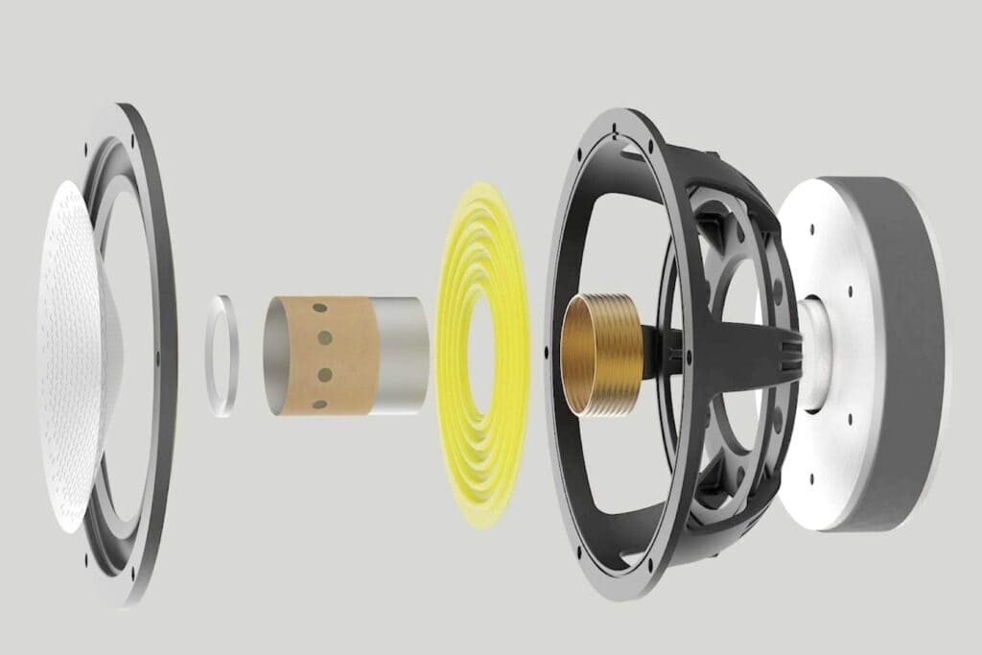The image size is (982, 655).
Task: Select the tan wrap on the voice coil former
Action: click(x=326, y=355)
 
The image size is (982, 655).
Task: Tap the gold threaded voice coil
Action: click(x=598, y=355)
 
